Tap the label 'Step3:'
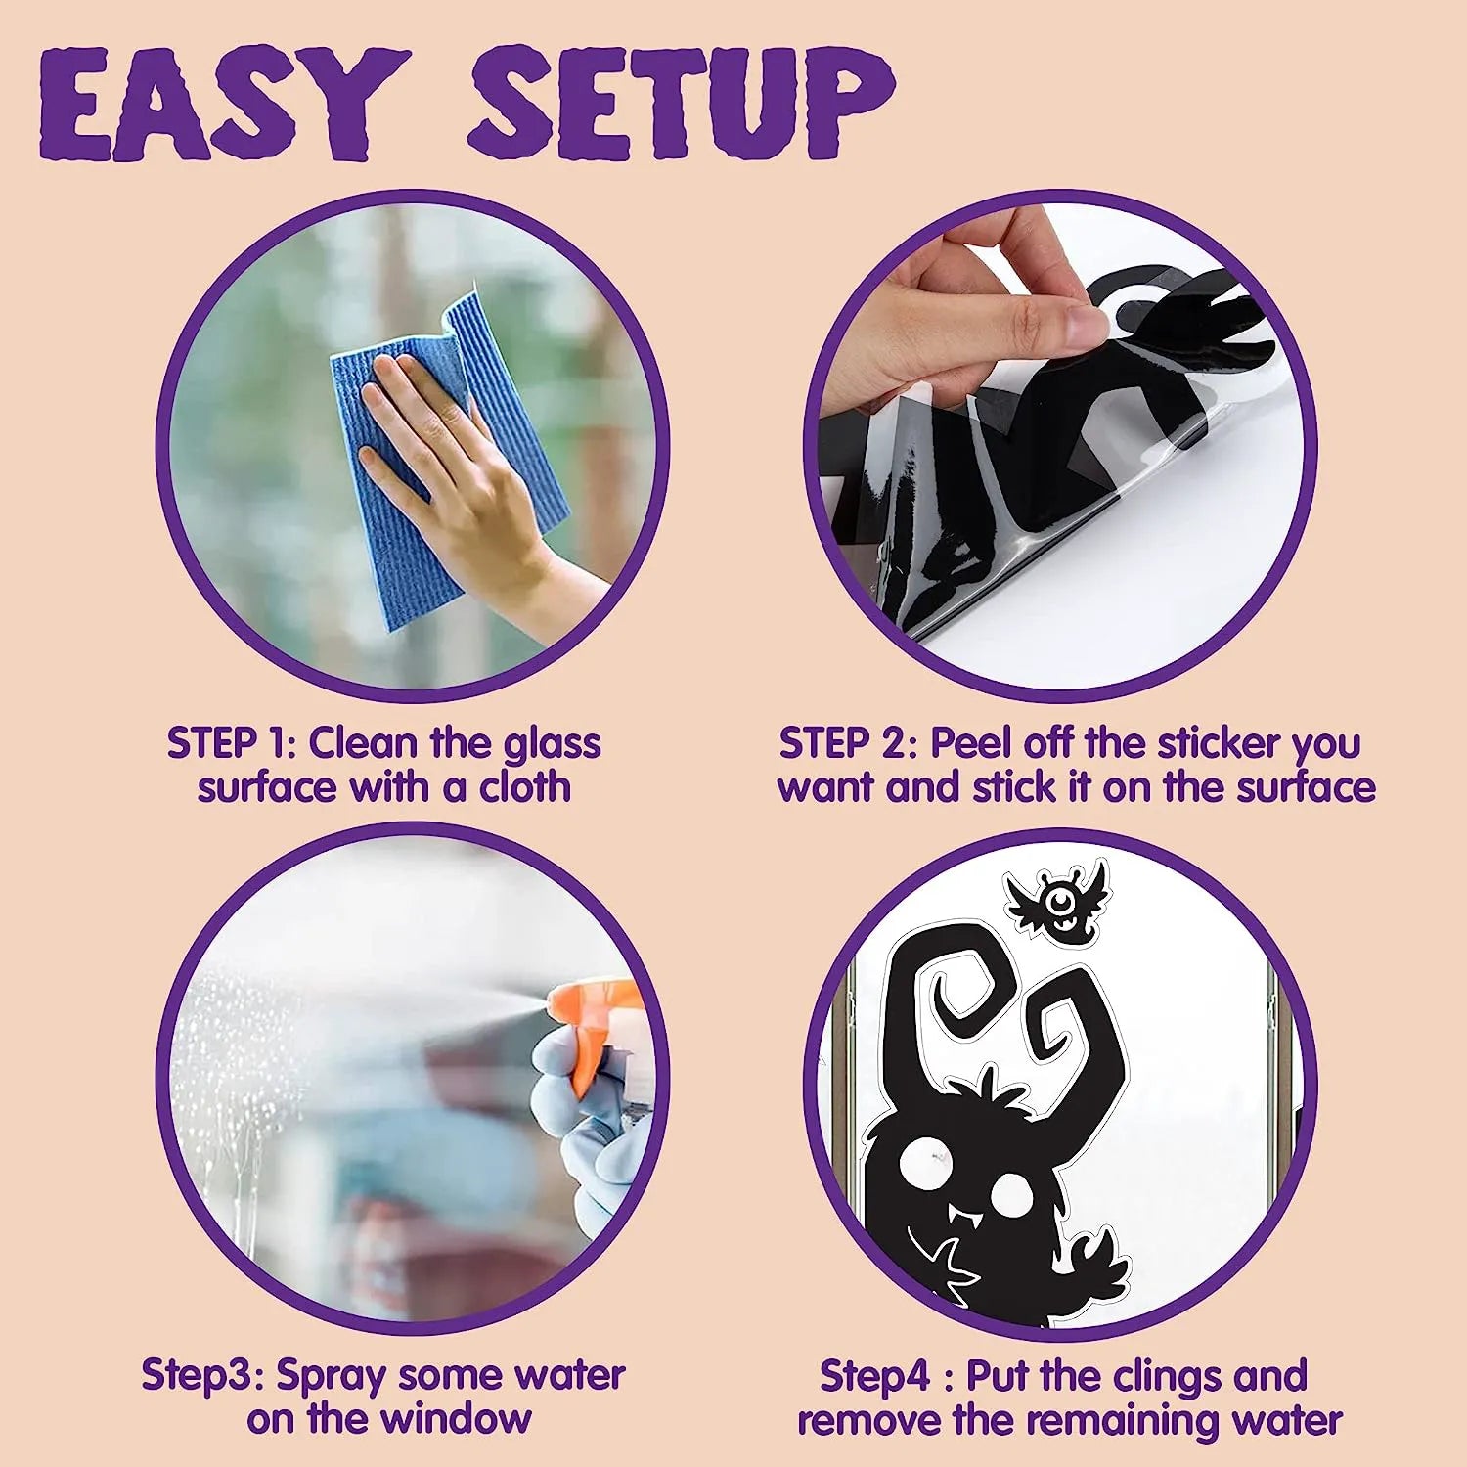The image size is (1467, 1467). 202,1375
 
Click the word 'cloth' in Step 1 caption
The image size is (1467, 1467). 524,787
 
